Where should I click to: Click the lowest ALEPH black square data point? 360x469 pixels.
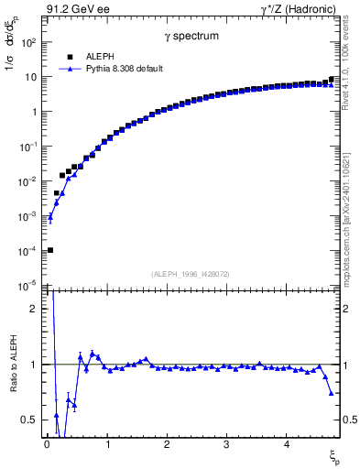click(50, 250)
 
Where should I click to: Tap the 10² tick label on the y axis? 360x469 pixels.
click(29, 42)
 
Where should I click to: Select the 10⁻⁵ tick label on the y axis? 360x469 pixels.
click(29, 286)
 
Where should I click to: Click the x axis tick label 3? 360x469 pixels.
click(226, 444)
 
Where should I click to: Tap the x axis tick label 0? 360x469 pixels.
click(47, 444)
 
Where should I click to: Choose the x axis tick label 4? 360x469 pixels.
click(287, 444)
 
